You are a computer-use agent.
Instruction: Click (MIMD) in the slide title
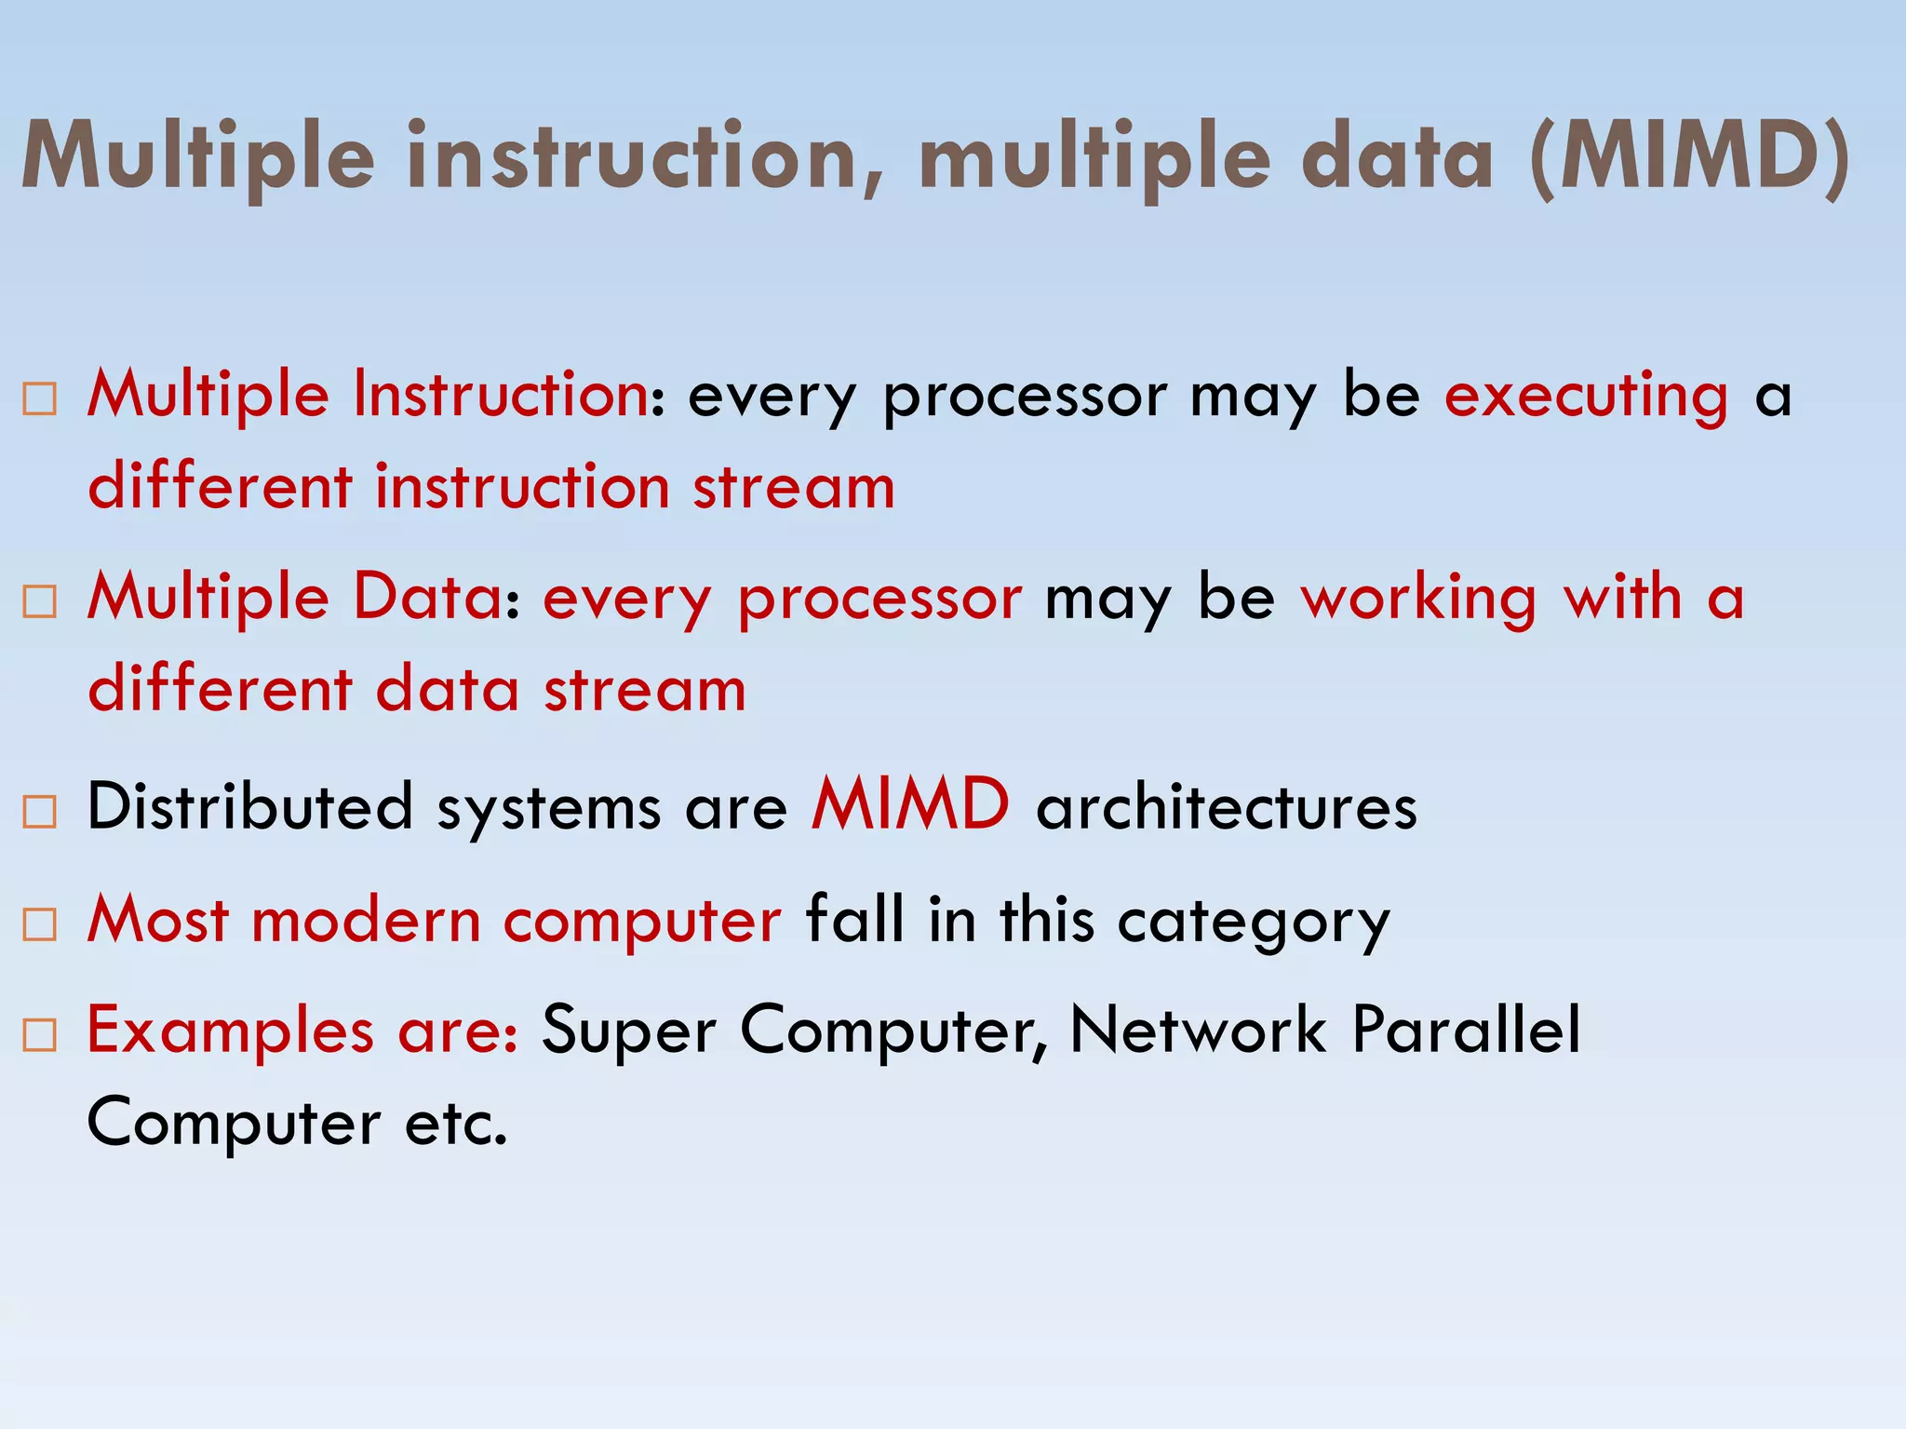click(x=1690, y=158)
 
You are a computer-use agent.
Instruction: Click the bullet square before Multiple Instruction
click(x=40, y=399)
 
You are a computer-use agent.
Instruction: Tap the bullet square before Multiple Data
click(x=40, y=601)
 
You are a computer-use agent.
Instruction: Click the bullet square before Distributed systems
click(x=40, y=811)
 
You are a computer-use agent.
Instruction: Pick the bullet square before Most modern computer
click(x=40, y=923)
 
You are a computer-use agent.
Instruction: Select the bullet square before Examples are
click(x=40, y=1034)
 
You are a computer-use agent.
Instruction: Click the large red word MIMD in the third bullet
click(x=909, y=804)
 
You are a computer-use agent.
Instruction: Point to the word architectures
click(x=1227, y=807)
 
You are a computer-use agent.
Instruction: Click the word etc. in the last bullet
click(x=456, y=1123)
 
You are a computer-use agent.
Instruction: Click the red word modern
click(x=366, y=921)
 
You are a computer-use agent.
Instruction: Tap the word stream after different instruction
click(x=793, y=488)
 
